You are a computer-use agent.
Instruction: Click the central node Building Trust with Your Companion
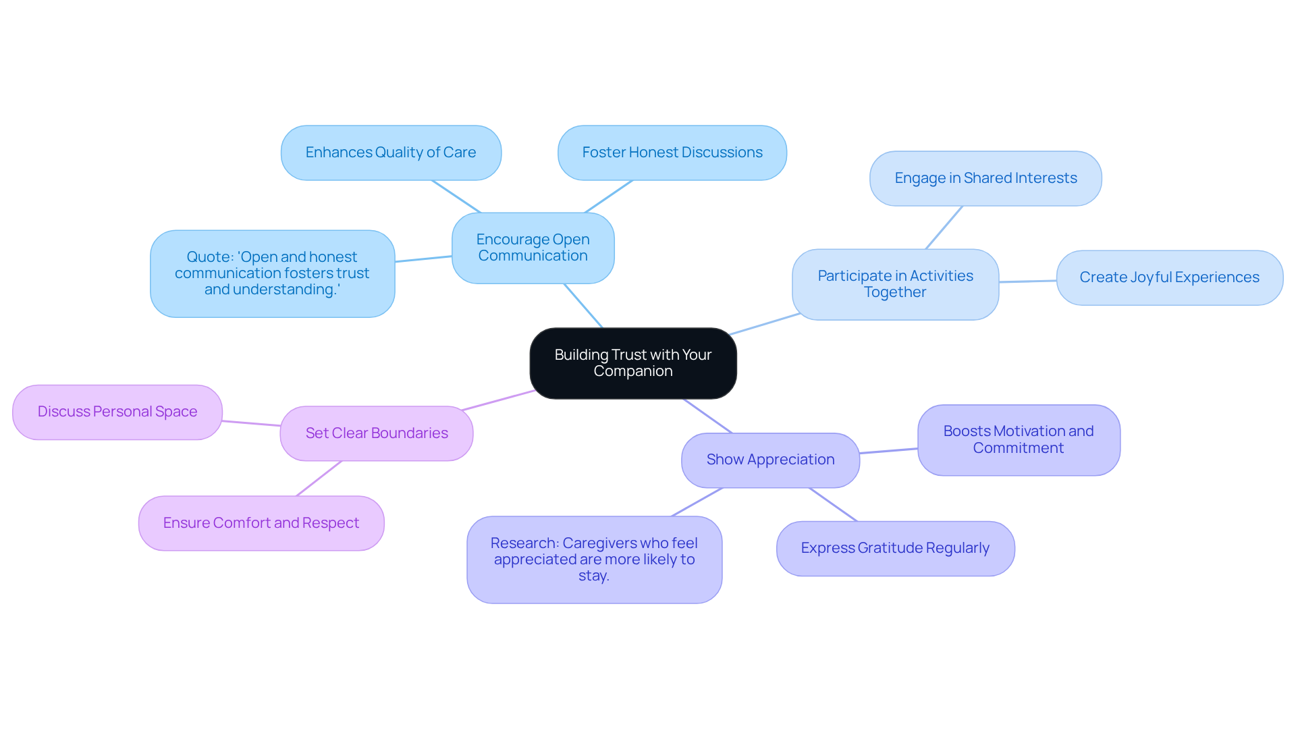(632, 363)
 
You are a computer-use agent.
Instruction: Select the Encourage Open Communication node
(533, 248)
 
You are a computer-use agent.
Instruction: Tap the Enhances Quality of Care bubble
(391, 153)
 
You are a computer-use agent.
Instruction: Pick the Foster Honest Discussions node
(672, 153)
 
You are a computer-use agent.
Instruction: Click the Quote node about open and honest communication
(272, 273)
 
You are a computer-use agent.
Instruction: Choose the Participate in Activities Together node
(895, 284)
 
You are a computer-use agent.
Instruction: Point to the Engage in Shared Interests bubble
(986, 178)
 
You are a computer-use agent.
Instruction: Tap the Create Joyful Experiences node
(1169, 277)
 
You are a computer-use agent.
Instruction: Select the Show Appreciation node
(770, 460)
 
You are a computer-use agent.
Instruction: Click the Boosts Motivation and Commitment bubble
(1019, 439)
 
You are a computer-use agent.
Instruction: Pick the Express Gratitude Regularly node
(895, 548)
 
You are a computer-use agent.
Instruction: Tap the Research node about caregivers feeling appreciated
(594, 560)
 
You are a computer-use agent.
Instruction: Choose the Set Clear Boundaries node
(377, 433)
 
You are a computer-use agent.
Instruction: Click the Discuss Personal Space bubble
(117, 412)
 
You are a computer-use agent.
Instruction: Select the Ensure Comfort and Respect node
(261, 523)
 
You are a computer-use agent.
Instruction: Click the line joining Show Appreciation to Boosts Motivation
(888, 451)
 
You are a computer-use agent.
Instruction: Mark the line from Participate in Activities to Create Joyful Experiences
(1027, 281)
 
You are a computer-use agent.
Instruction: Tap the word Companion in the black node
(633, 371)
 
